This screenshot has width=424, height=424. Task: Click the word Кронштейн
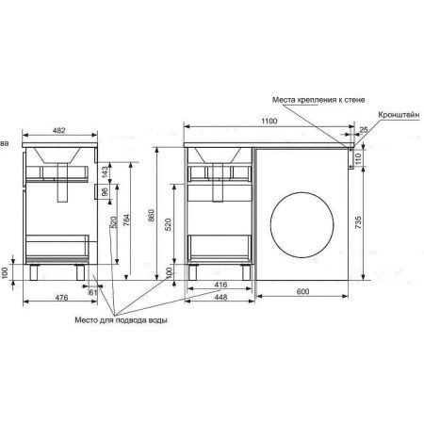tap(399, 112)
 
